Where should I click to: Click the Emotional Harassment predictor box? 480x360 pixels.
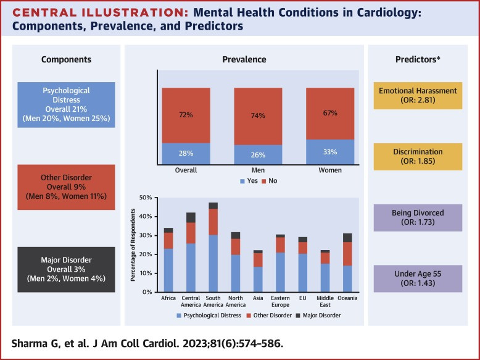coord(418,96)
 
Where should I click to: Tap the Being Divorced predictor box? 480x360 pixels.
coord(418,217)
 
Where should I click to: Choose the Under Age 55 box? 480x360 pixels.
coord(418,277)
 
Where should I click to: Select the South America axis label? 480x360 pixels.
coord(213,304)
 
